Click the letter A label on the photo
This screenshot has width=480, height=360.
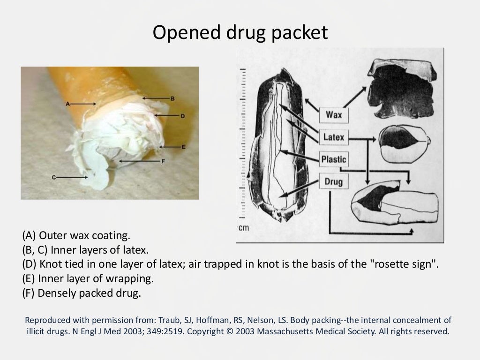[x=67, y=104]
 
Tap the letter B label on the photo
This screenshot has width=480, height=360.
[x=172, y=98]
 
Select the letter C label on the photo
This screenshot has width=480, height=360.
[x=54, y=177]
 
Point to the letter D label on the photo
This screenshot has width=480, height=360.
[x=183, y=115]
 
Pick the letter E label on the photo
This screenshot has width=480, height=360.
[x=183, y=147]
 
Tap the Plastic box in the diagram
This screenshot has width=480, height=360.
[x=334, y=159]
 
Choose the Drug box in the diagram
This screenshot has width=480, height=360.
[x=334, y=181]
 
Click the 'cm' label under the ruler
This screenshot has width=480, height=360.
[x=243, y=228]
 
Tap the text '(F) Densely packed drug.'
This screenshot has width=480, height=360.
[x=81, y=294]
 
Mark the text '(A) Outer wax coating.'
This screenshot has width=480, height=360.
[x=75, y=234]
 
